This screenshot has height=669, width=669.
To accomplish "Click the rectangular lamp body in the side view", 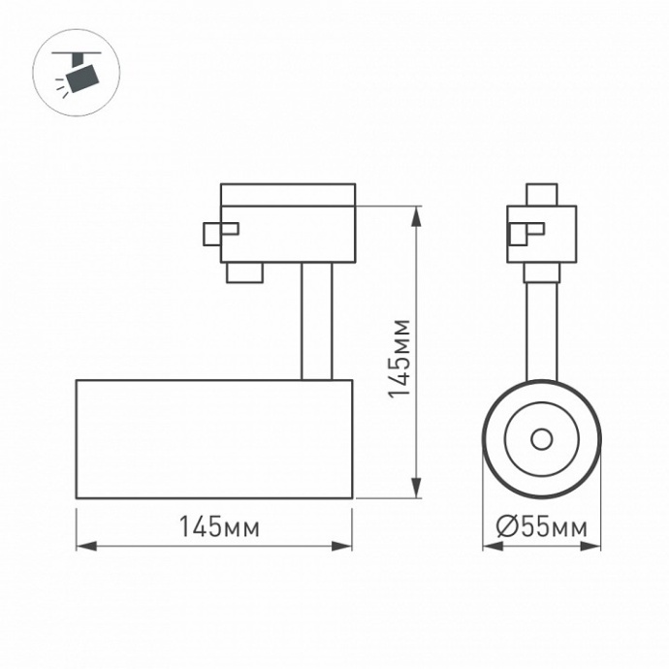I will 214,439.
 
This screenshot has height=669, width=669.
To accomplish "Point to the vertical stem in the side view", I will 316,321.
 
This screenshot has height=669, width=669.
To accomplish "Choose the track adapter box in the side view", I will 288,223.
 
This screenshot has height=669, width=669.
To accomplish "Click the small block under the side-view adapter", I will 244,271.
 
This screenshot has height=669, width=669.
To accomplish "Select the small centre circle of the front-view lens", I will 541,440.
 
